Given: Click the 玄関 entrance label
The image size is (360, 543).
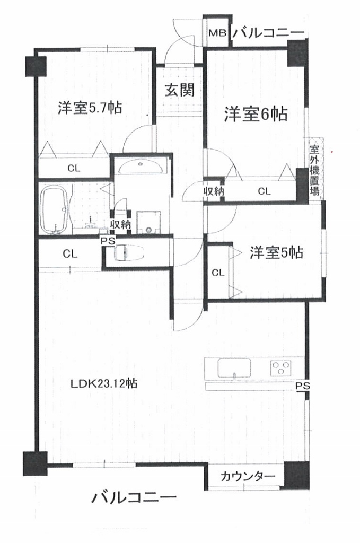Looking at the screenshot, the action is [x=179, y=90].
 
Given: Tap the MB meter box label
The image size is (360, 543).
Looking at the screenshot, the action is [x=217, y=33].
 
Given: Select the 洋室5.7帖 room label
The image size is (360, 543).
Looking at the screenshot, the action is [x=90, y=108].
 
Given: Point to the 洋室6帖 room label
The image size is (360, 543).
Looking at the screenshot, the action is [x=256, y=114].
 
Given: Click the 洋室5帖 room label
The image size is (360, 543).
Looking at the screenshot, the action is [x=277, y=253].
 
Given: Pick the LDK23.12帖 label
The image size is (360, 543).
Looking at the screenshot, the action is [x=104, y=383].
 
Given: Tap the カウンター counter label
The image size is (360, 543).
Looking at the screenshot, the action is [x=248, y=477].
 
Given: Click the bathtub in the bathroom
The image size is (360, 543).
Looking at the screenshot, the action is [x=56, y=209].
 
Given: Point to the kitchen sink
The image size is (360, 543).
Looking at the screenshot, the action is [x=234, y=368].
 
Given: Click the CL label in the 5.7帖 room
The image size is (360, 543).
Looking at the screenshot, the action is [x=74, y=169].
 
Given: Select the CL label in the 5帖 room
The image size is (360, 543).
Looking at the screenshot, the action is [x=218, y=273].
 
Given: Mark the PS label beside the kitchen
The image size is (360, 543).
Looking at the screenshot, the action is [x=303, y=386].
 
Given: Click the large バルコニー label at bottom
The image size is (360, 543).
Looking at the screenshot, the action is [x=134, y=497].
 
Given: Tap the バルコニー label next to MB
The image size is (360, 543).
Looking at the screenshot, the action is [x=268, y=33].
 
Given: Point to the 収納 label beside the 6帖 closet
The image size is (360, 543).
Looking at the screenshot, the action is [x=214, y=190].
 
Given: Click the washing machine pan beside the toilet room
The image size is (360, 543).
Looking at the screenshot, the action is [x=149, y=222].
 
